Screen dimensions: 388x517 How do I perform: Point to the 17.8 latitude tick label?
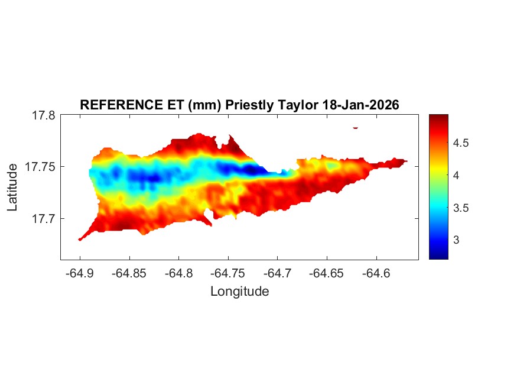pyautogui.click(x=43, y=115)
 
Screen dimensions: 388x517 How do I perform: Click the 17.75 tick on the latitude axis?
pyautogui.click(x=40, y=167)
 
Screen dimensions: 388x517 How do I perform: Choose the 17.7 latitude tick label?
pyautogui.click(x=43, y=218)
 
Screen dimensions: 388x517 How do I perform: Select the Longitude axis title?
pyautogui.click(x=239, y=291)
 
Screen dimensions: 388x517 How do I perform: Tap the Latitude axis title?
pyautogui.click(x=13, y=187)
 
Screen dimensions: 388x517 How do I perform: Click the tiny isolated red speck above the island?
pyautogui.click(x=355, y=127)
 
